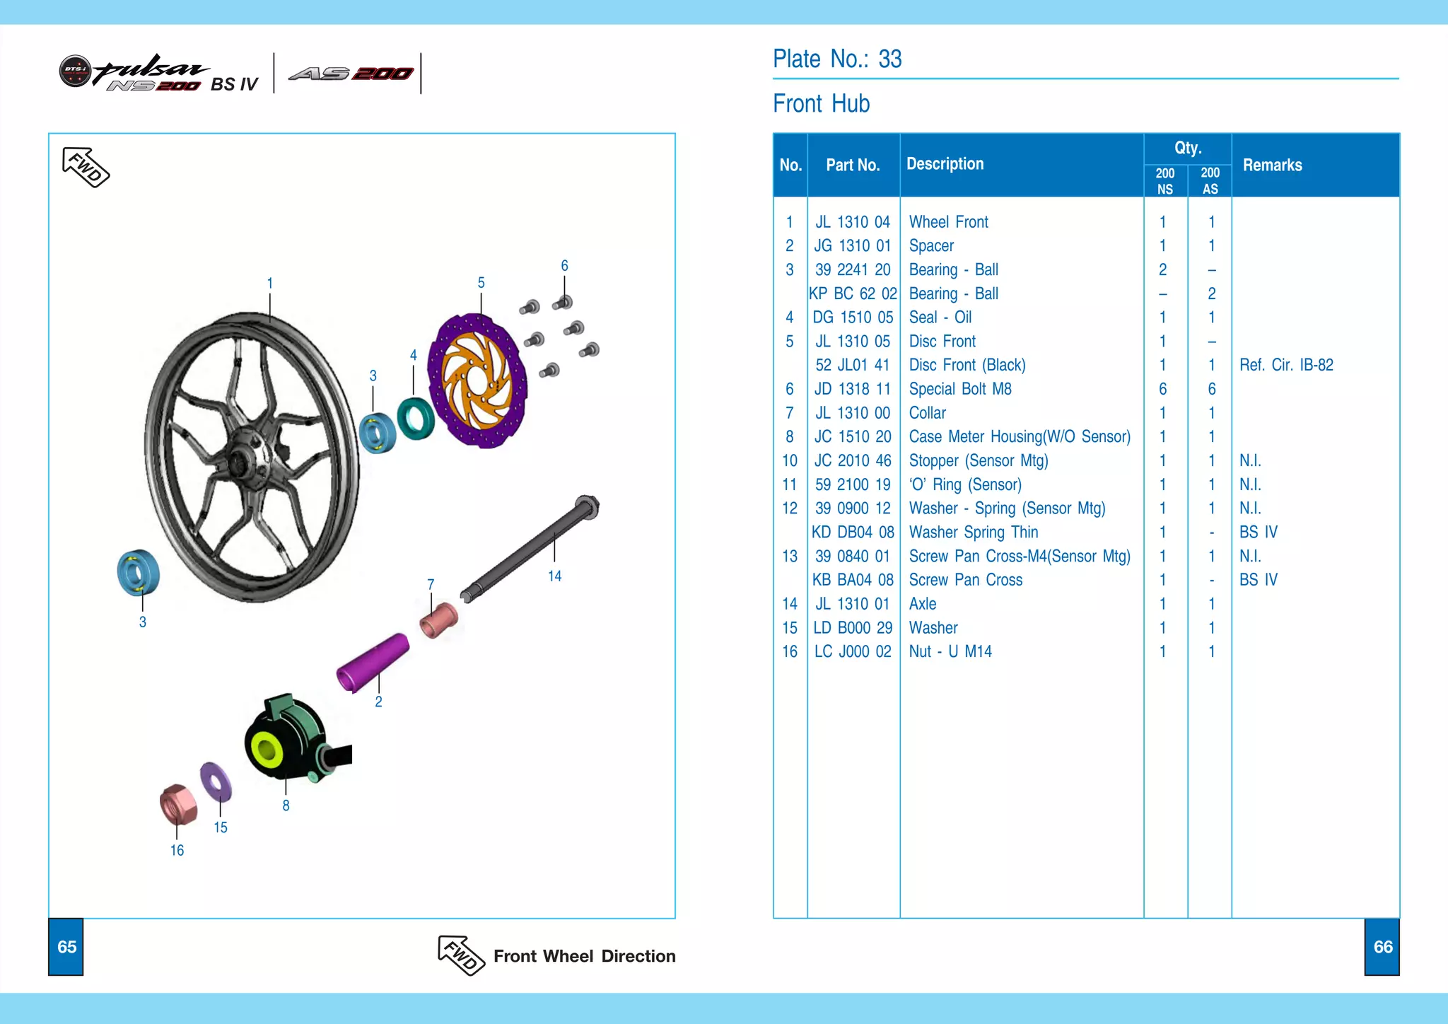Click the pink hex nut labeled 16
pos(177,804)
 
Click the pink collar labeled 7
pos(439,620)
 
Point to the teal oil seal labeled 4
pos(416,418)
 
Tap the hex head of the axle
pos(587,506)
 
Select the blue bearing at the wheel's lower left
pos(138,572)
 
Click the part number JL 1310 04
pos(853,222)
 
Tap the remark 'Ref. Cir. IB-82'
pos(1286,365)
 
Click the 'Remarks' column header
pos(1272,165)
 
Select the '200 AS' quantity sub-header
pos(1210,181)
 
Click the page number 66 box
pos(1382,947)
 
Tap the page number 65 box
pos(66,947)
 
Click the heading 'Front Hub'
pos(821,104)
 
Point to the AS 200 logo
pos(351,74)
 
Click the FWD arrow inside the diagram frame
pos(86,167)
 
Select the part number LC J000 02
pos(853,651)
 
